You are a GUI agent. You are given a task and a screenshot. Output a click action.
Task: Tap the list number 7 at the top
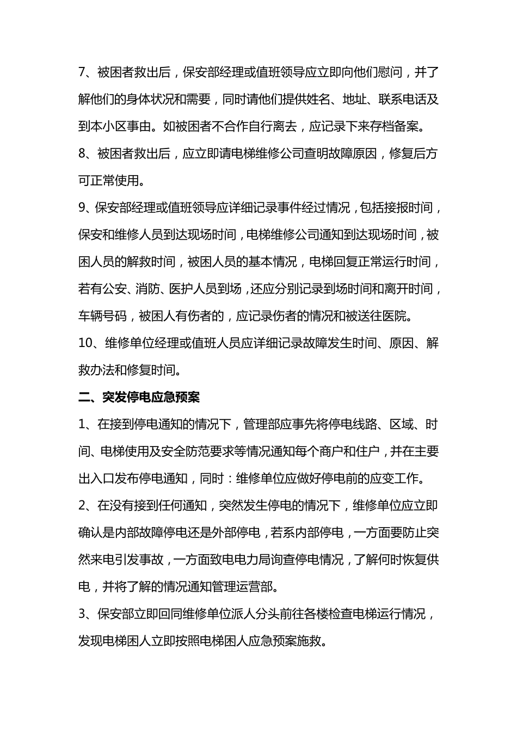pyautogui.click(x=83, y=72)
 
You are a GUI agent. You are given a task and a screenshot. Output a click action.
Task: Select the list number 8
pyautogui.click(x=83, y=153)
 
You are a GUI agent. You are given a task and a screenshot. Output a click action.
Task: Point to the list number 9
pyautogui.click(x=83, y=208)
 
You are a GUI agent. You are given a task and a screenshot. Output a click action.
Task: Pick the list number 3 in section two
pyautogui.click(x=83, y=615)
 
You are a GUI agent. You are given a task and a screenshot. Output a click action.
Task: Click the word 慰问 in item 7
pyautogui.click(x=389, y=72)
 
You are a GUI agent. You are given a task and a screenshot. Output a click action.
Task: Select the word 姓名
pyautogui.click(x=316, y=99)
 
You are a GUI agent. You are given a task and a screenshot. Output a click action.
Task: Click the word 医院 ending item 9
pyautogui.click(x=401, y=317)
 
